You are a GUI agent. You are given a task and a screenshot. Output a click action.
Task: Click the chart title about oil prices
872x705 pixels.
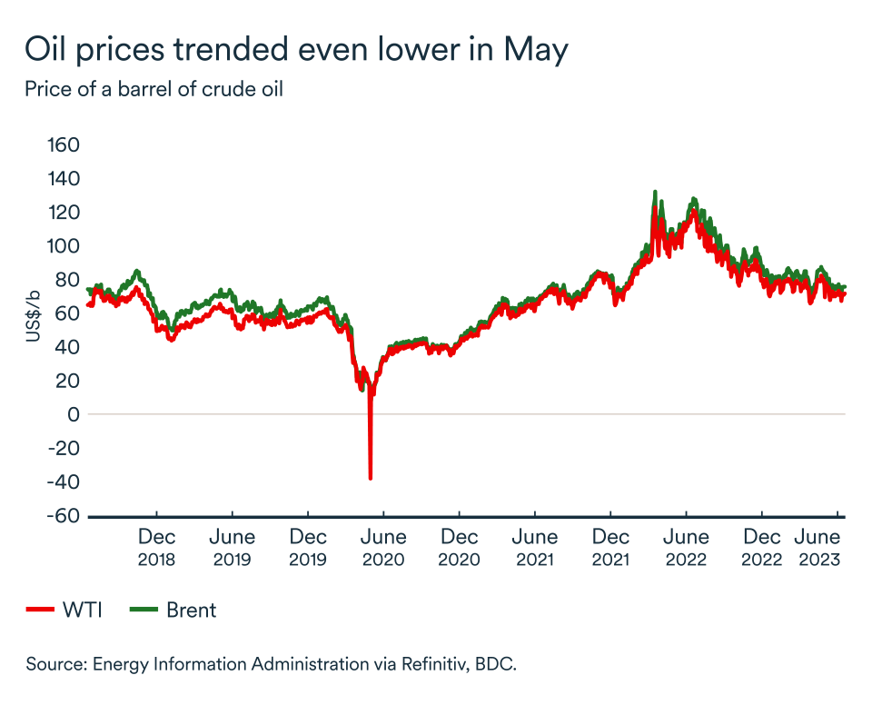pos(296,49)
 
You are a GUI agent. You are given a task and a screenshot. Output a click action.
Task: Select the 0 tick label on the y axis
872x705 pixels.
pos(73,414)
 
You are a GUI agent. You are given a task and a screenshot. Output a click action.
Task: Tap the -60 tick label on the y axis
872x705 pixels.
pos(60,516)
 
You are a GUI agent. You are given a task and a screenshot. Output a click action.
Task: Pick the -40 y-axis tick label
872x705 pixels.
pos(60,482)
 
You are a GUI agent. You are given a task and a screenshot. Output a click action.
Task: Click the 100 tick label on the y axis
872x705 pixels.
pos(62,246)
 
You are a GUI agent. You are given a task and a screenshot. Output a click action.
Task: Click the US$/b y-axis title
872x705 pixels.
pos(34,313)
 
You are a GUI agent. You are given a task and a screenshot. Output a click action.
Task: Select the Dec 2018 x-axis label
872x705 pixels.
pos(156,547)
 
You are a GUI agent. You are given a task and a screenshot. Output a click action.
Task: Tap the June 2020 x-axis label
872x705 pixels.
pos(383,547)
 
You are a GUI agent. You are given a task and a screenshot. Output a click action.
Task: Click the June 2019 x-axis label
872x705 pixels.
pos(233,547)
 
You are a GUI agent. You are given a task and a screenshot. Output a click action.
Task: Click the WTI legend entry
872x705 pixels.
pos(64,610)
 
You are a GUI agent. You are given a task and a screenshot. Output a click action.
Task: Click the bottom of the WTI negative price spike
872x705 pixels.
pos(371,477)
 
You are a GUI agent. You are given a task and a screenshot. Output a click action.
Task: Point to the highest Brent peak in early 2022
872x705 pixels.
pos(655,193)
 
